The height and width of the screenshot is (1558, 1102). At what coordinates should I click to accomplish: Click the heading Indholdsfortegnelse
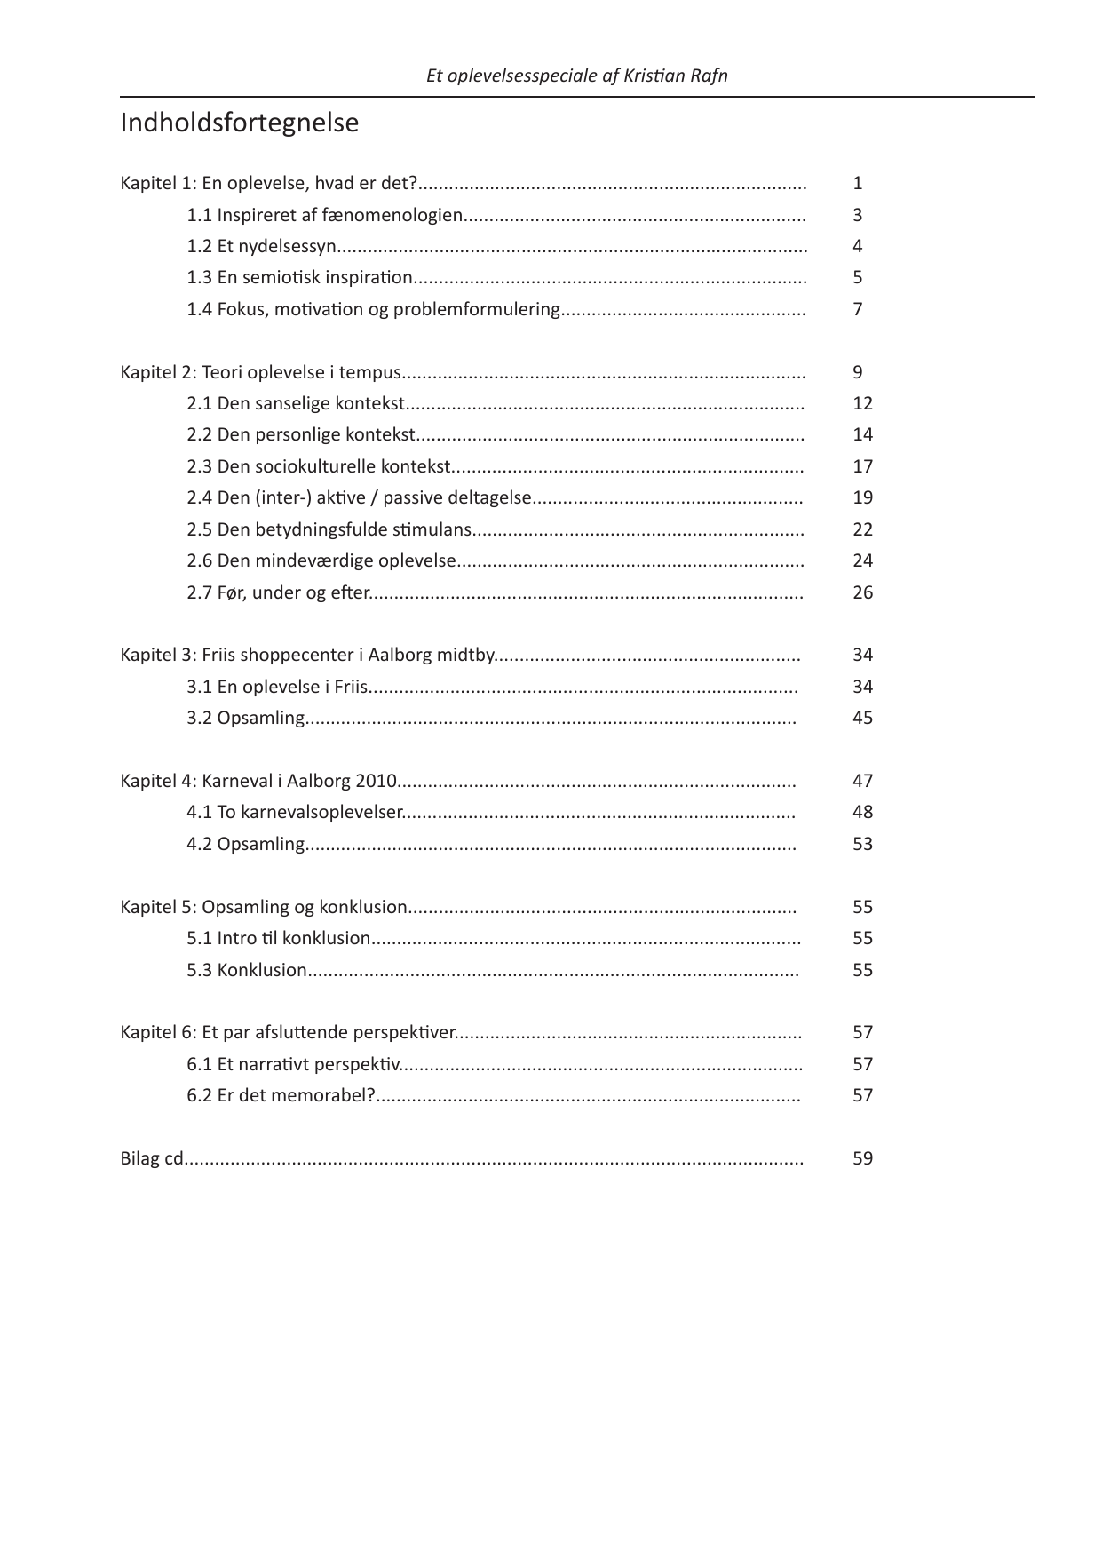[x=239, y=123]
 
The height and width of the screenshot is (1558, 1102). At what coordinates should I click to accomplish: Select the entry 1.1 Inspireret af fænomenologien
[x=324, y=215]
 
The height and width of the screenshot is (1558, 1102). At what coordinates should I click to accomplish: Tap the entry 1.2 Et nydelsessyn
[x=261, y=246]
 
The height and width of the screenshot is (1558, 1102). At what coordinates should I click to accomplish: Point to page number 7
[x=858, y=309]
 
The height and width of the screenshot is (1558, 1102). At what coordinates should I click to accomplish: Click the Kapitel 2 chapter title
[x=261, y=372]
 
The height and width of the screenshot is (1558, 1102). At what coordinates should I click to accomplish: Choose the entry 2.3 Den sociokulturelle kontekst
[x=318, y=466]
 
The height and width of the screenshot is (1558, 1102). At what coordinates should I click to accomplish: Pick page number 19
[x=862, y=497]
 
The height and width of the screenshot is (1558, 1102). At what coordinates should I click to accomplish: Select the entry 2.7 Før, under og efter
[x=277, y=592]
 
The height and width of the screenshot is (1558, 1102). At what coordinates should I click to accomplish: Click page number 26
[x=862, y=592]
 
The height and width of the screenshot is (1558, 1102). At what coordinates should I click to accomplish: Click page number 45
[x=862, y=718]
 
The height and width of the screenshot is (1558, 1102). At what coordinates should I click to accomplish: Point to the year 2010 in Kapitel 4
[x=375, y=781]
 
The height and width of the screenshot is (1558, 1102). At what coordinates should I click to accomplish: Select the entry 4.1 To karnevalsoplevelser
[x=294, y=812]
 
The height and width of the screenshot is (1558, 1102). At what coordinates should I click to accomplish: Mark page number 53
[x=862, y=844]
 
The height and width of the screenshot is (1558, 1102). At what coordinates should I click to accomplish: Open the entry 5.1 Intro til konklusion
[x=278, y=938]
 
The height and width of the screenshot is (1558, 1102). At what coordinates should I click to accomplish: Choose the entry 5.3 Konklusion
[x=247, y=970]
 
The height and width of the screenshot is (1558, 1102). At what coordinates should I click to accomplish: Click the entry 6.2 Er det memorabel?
[x=281, y=1095]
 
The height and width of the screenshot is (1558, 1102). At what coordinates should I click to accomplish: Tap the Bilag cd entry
[x=152, y=1158]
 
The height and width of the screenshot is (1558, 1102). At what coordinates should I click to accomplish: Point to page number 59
[x=862, y=1158]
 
